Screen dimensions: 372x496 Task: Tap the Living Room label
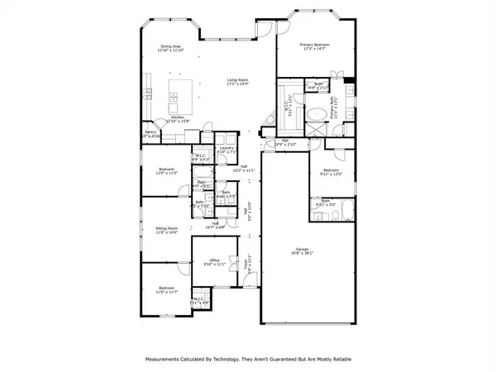[239, 80]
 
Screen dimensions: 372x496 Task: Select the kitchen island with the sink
[184, 98]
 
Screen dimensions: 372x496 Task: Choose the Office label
[214, 260]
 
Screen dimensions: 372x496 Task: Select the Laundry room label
[227, 148]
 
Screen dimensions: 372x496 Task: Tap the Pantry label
[150, 131]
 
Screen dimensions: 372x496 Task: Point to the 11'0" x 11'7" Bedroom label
[167, 289]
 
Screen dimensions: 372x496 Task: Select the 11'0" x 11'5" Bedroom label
[167, 169]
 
